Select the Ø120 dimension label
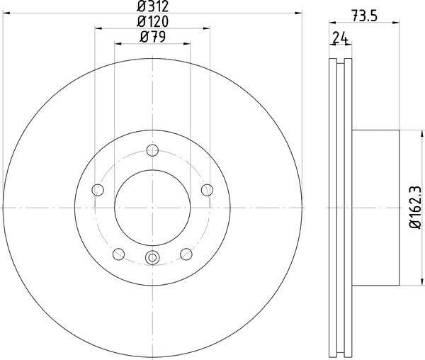152,22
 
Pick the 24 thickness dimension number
341,39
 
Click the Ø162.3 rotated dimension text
414,206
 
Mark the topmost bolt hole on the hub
152,150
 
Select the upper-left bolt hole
98,189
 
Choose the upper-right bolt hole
207,189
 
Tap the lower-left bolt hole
119,253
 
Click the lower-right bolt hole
186,253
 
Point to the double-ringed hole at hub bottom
152,258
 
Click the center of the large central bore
152,206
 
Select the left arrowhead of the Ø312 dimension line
6,13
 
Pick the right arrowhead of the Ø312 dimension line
300,13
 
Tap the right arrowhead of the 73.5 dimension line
397,28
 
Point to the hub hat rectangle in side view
375,206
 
